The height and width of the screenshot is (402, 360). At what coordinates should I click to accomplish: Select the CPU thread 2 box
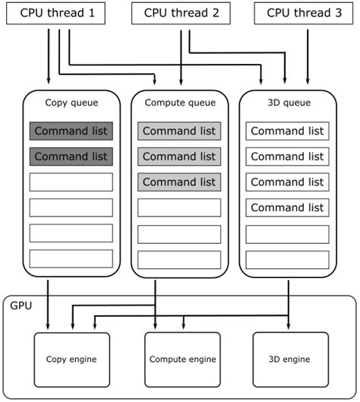click(180, 13)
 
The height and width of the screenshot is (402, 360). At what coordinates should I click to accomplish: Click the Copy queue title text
click(71, 103)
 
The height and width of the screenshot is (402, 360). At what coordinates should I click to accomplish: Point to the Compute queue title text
click(179, 103)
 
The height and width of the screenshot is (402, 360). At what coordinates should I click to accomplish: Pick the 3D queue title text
click(287, 103)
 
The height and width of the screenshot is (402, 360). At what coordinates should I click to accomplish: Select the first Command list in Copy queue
click(71, 131)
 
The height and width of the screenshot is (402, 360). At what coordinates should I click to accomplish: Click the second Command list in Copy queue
click(71, 157)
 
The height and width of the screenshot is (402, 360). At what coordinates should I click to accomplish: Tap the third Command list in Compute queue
click(179, 182)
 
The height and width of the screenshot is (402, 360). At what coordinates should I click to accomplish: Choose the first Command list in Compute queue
click(179, 131)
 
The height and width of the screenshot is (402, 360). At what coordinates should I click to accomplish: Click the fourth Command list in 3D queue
click(287, 207)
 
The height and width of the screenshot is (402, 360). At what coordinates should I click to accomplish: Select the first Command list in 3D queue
click(287, 131)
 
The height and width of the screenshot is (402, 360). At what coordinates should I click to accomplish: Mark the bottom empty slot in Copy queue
click(71, 258)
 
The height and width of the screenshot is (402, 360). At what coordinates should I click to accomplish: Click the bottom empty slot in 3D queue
click(287, 258)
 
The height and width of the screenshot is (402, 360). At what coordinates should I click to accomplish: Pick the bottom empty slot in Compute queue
click(179, 258)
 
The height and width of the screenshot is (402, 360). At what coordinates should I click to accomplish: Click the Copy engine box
click(71, 359)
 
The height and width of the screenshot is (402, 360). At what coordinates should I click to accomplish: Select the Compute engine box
click(182, 359)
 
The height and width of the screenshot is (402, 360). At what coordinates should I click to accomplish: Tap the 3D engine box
click(290, 359)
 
